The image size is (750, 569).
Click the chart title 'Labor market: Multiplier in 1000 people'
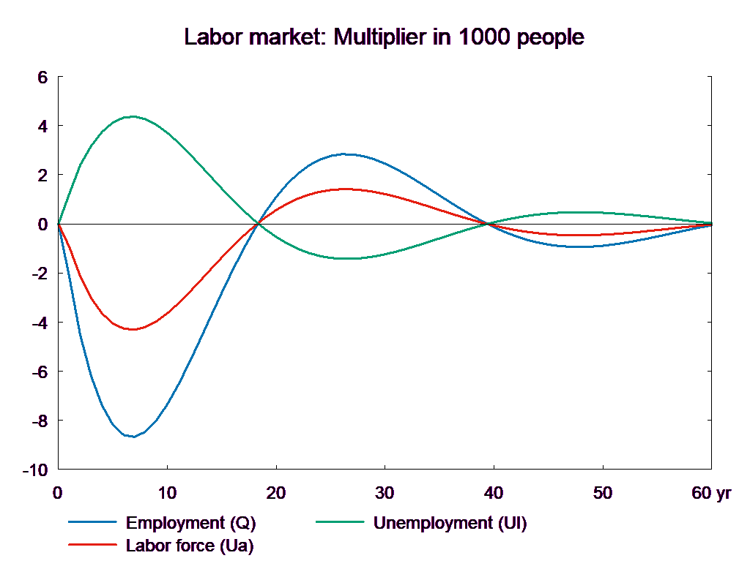pos(385,37)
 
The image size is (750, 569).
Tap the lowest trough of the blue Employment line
pos(133,437)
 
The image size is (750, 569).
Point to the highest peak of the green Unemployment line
pos(133,116)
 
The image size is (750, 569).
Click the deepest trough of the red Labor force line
pos(133,329)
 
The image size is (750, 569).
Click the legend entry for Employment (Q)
pos(191,523)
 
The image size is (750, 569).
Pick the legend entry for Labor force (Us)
pos(190,545)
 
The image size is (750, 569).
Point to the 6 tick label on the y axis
pos(42,77)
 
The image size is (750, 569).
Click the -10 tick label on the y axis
pos(35,470)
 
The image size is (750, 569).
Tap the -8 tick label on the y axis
pos(39,421)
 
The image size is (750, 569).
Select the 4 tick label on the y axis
pos(42,126)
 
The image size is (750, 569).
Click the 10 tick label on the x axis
pos(167,493)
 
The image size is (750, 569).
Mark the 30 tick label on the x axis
pos(385,493)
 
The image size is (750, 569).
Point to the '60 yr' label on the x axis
pos(711,493)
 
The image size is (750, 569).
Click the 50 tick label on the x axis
pos(602,493)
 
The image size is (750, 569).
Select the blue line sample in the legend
pos(93,523)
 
